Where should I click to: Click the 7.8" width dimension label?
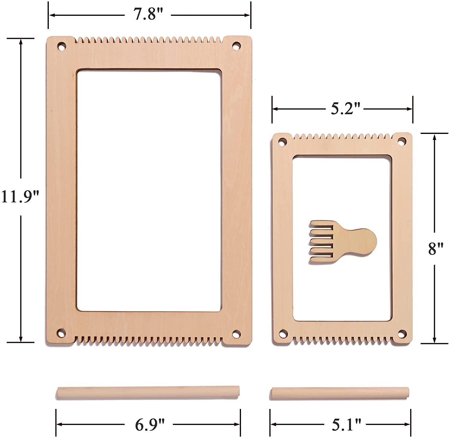(148, 14)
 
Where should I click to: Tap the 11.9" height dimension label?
(20, 197)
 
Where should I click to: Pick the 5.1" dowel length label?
(346, 424)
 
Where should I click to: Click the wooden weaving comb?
(342, 242)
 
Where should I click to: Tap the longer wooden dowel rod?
(148, 392)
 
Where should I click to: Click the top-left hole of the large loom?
(62, 47)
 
